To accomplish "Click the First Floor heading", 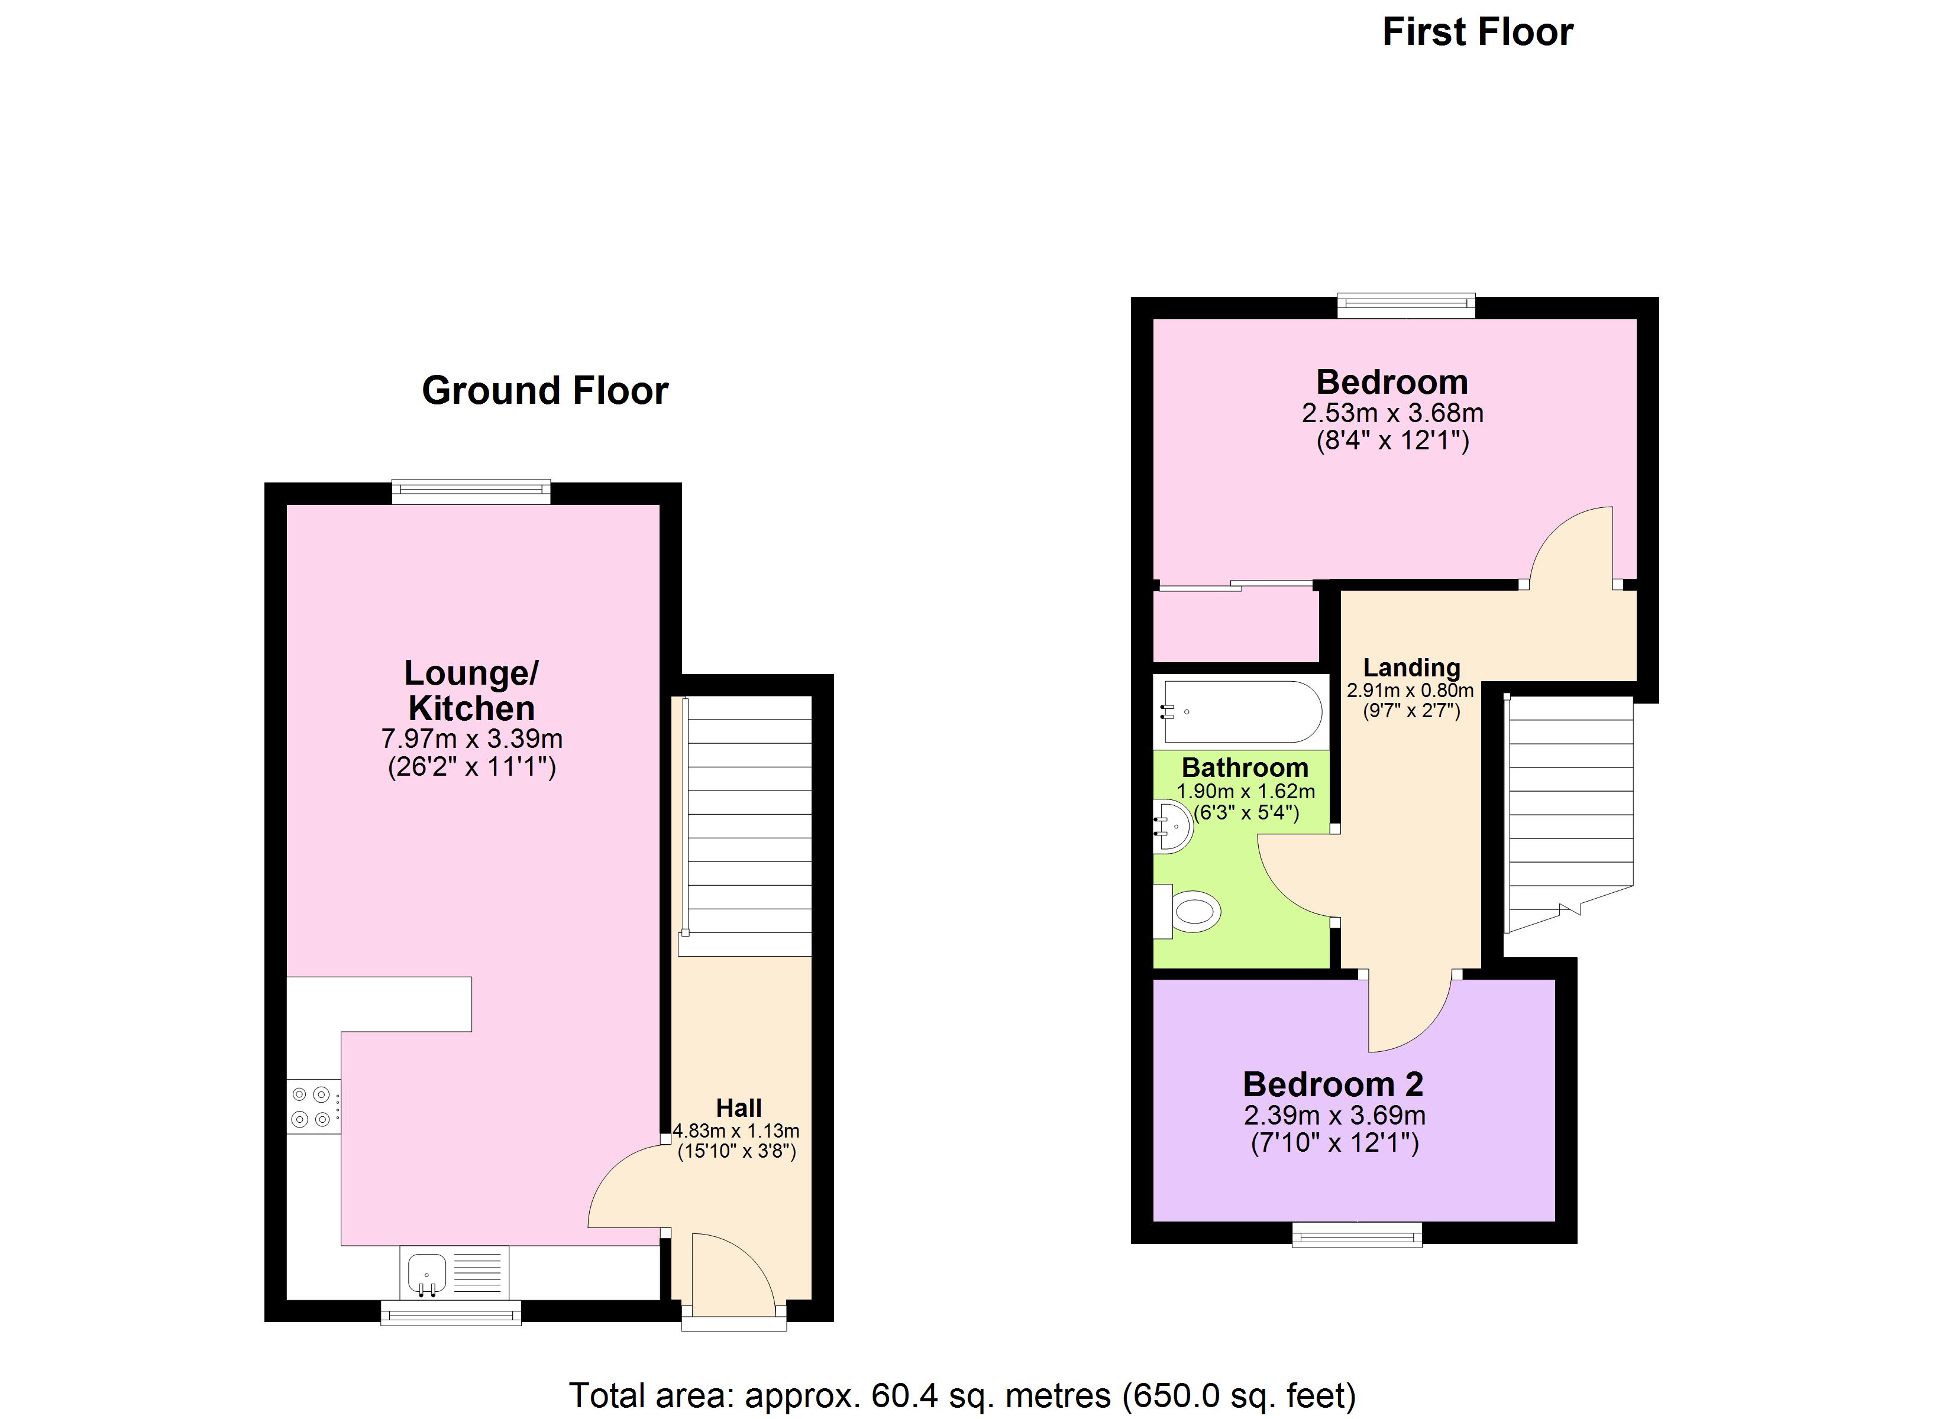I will (1477, 33).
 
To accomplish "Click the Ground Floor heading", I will (544, 391).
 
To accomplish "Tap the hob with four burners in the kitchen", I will (312, 1107).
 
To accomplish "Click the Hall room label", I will (738, 1109).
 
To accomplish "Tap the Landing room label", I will (1411, 668).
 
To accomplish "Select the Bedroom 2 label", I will (1333, 1085).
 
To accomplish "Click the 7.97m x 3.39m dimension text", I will (471, 738).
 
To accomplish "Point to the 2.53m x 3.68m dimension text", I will (1392, 413).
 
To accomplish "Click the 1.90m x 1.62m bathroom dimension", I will (1245, 792).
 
